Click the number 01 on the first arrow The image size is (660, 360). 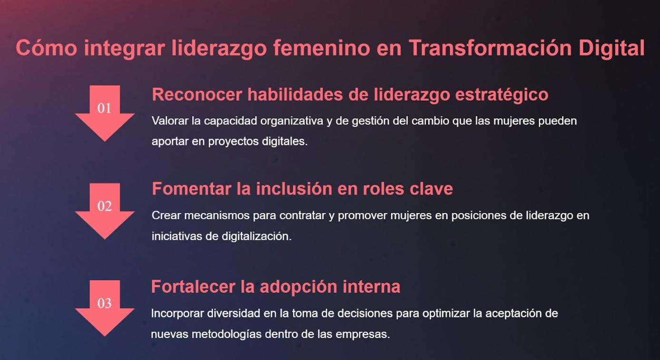(104, 108)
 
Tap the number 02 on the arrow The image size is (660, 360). (104, 206)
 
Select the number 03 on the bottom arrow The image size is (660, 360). (104, 303)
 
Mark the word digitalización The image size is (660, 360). (256, 236)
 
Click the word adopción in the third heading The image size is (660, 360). (298, 287)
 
